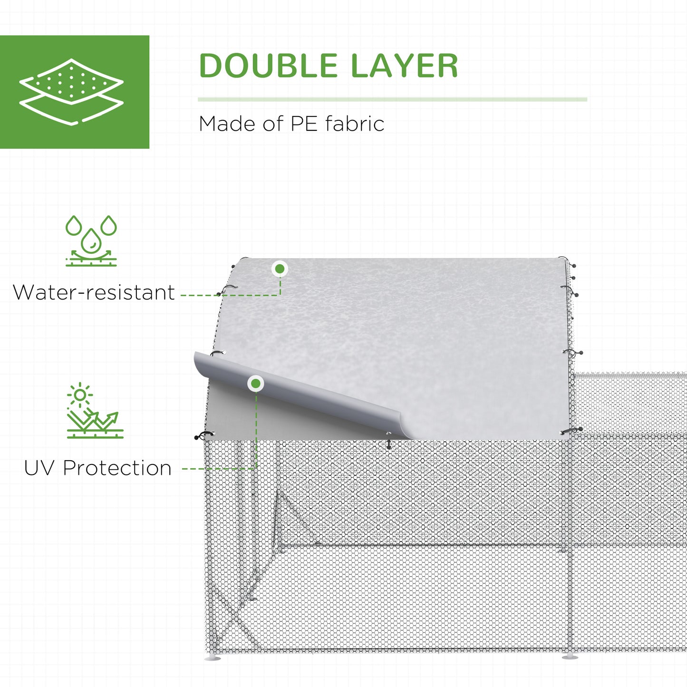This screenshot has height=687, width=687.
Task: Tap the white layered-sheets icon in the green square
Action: pyautogui.click(x=71, y=91)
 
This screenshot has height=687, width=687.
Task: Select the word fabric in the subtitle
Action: pyautogui.click(x=355, y=124)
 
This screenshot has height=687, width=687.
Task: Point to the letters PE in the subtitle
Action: pyautogui.click(x=304, y=124)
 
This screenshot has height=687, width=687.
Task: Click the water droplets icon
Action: pyautogui.click(x=91, y=241)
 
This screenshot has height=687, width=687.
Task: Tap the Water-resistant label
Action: pyautogui.click(x=94, y=292)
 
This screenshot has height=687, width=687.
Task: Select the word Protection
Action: pyautogui.click(x=117, y=468)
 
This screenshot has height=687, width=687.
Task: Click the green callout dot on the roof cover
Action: pyautogui.click(x=280, y=269)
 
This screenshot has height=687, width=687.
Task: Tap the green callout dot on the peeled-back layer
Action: pyautogui.click(x=256, y=383)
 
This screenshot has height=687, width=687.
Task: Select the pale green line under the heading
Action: pyautogui.click(x=392, y=99)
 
